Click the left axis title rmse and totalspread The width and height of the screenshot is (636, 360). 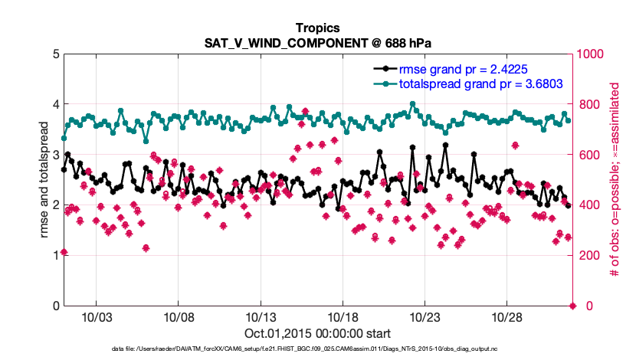[44, 179]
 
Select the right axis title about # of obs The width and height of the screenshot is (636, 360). [614, 179]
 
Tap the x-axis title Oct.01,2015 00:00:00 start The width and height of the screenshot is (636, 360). [318, 333]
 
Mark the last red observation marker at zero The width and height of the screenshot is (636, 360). [572, 306]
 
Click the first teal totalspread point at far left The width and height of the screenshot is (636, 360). [64, 138]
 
